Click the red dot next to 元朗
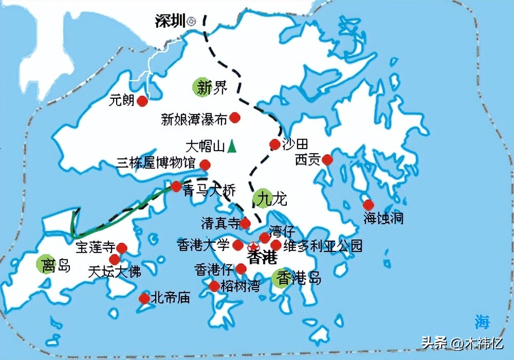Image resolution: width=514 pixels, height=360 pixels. pos(143,101)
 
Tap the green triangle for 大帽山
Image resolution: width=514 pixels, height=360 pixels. pos(232,147)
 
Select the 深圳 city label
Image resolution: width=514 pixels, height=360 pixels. pos(170,22)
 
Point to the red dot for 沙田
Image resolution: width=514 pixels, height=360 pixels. pos(274,145)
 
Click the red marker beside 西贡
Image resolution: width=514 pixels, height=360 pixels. pos(327,160)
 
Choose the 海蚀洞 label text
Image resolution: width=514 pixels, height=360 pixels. pos(383,219)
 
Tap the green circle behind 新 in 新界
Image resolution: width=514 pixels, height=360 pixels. pos(202,87)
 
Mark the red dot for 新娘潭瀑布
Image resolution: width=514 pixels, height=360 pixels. pos(235,118)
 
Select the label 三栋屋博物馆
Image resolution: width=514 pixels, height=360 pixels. pos(156,164)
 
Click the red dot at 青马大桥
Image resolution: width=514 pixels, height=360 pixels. pos(176,186)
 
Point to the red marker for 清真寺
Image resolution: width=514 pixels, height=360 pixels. pos(246,223)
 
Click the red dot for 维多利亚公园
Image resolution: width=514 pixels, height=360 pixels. pos(276,245)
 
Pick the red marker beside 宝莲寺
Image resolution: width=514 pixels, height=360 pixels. pos(122,248)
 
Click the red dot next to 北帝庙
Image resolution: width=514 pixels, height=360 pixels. pos(144,298)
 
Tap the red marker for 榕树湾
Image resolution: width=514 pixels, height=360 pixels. pos(214,286)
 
